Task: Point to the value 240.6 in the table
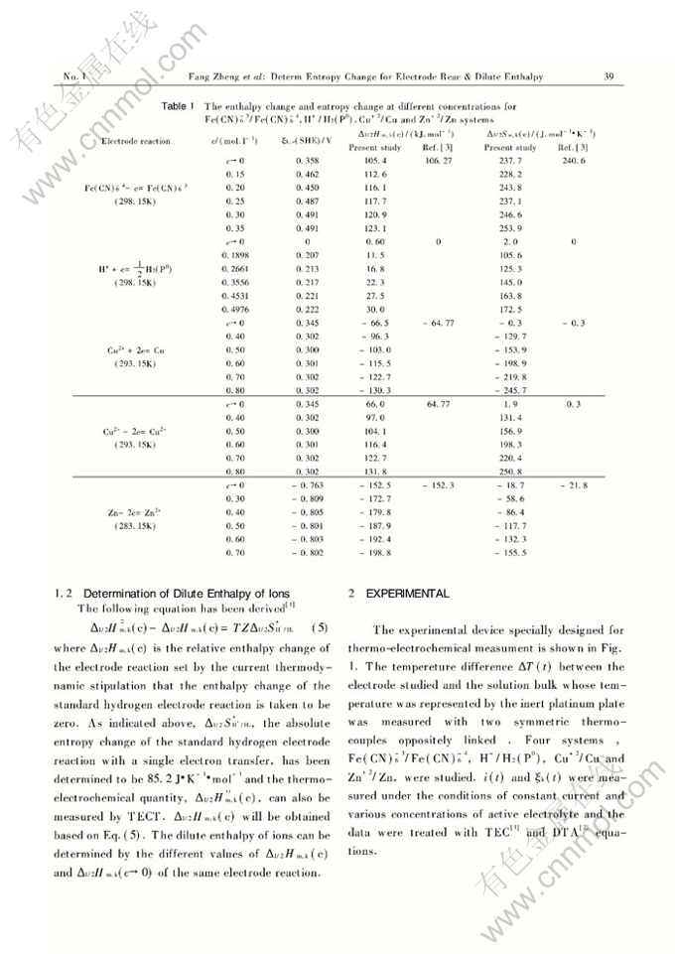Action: (574, 161)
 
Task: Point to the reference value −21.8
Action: (574, 485)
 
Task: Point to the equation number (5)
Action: (320, 628)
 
